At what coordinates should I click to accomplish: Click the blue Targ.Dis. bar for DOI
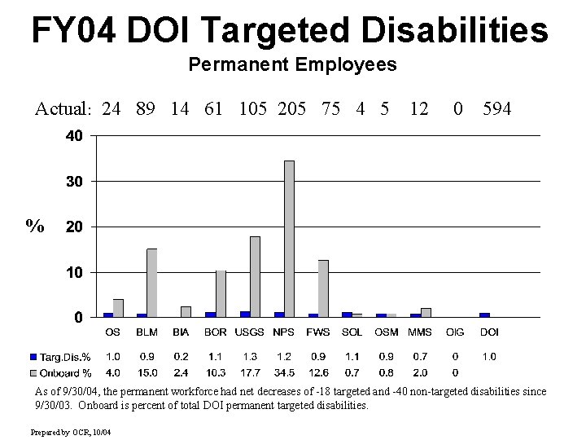[484, 315]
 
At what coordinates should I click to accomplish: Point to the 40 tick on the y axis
[73, 136]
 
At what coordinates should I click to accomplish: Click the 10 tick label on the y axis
[73, 272]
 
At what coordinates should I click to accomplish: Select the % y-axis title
[35, 226]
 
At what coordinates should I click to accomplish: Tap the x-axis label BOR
[216, 332]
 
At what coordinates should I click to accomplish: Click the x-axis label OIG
[455, 332]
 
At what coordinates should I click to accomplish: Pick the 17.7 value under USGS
[250, 372]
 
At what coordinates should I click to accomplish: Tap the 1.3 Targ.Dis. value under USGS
[250, 357]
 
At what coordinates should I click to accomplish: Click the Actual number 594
[496, 108]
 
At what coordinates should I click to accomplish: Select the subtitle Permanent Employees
[292, 64]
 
